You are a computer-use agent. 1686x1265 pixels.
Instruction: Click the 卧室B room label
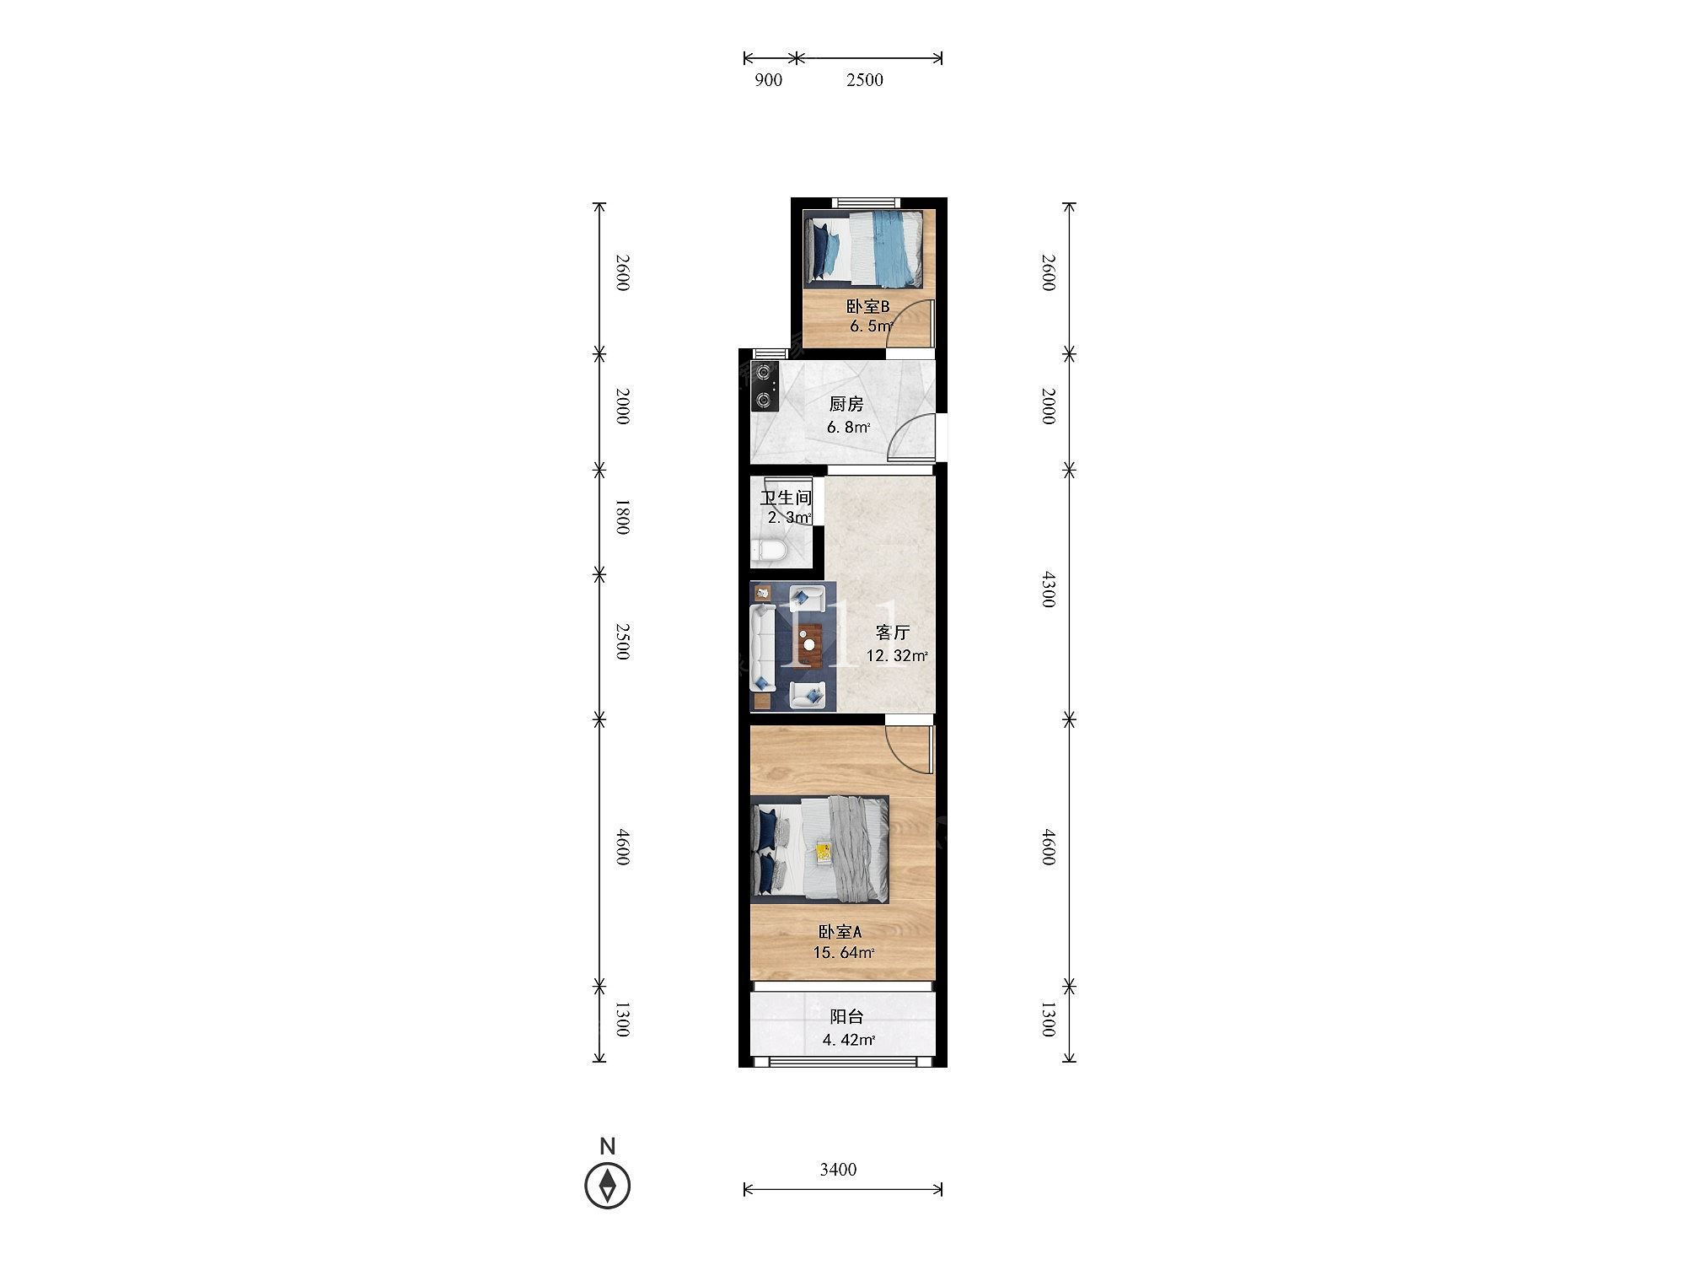click(x=867, y=307)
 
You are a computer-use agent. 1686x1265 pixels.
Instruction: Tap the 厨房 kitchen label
click(x=846, y=405)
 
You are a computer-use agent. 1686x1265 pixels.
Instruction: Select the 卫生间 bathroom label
click(x=786, y=498)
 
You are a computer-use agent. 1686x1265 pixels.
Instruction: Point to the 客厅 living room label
click(x=893, y=632)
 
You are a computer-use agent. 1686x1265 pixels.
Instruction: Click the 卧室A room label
click(x=840, y=932)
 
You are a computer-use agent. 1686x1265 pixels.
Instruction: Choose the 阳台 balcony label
click(x=846, y=1017)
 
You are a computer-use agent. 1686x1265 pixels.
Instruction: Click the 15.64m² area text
click(x=844, y=953)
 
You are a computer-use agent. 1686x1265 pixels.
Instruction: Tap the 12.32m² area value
click(x=897, y=655)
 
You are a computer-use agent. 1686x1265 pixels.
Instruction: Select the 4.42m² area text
click(x=849, y=1040)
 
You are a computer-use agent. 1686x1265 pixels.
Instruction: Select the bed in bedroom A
click(x=819, y=849)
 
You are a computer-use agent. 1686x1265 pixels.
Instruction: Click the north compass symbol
click(x=607, y=1186)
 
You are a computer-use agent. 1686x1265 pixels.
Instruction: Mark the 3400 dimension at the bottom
click(x=838, y=1169)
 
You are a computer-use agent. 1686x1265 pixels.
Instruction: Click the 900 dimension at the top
click(x=768, y=80)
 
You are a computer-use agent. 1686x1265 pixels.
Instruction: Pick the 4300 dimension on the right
click(x=1048, y=589)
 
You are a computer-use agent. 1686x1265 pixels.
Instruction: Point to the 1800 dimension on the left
click(x=622, y=517)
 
